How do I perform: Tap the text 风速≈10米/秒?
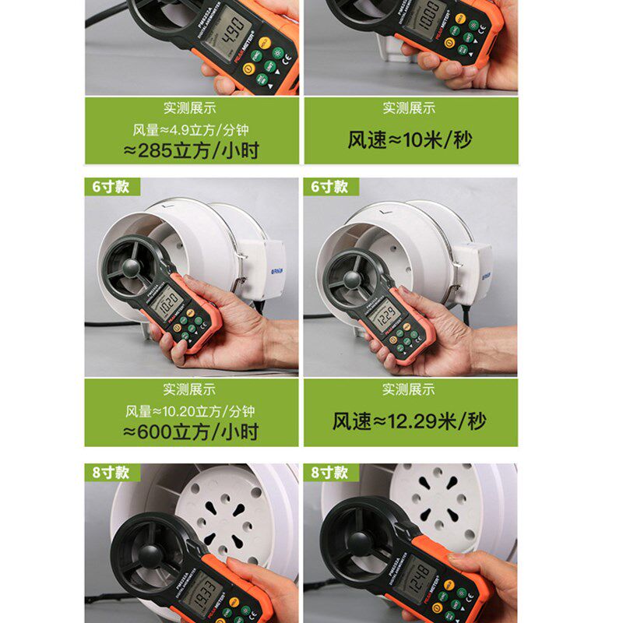coord(410,139)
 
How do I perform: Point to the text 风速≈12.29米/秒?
coord(410,421)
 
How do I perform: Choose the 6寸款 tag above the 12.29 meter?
coord(329,188)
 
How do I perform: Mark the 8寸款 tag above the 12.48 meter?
coord(329,473)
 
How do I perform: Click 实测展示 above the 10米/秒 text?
coord(410,107)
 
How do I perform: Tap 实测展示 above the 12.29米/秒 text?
coord(410,389)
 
